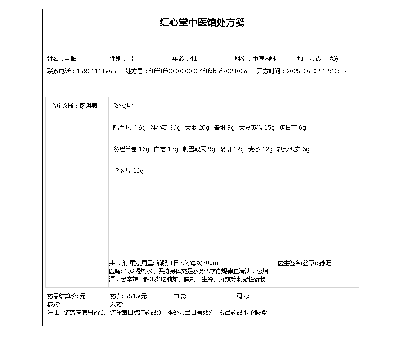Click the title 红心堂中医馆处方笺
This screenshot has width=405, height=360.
(x=202, y=22)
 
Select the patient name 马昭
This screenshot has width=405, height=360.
(x=71, y=58)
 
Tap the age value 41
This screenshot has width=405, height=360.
(x=193, y=58)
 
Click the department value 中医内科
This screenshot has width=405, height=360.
(x=264, y=58)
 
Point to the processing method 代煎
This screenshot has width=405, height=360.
(x=333, y=58)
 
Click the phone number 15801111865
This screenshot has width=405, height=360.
(x=96, y=71)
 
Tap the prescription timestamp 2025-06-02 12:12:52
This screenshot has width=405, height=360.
(x=316, y=71)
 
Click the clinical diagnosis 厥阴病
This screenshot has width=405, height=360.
(x=88, y=106)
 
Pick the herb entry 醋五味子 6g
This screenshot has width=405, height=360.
(x=130, y=128)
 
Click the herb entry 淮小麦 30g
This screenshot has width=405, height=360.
(x=165, y=128)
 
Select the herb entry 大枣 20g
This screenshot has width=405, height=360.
(x=197, y=128)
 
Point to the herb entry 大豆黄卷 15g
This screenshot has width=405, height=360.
(x=256, y=128)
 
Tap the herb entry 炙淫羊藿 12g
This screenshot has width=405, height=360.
(x=131, y=149)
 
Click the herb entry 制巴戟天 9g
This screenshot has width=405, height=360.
(x=199, y=149)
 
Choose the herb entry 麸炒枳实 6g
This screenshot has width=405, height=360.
(x=293, y=149)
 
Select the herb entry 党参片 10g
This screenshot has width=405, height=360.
(x=128, y=171)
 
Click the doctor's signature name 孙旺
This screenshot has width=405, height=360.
(x=325, y=263)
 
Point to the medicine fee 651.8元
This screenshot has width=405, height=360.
(x=136, y=297)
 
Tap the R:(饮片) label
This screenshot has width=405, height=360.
(x=123, y=106)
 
